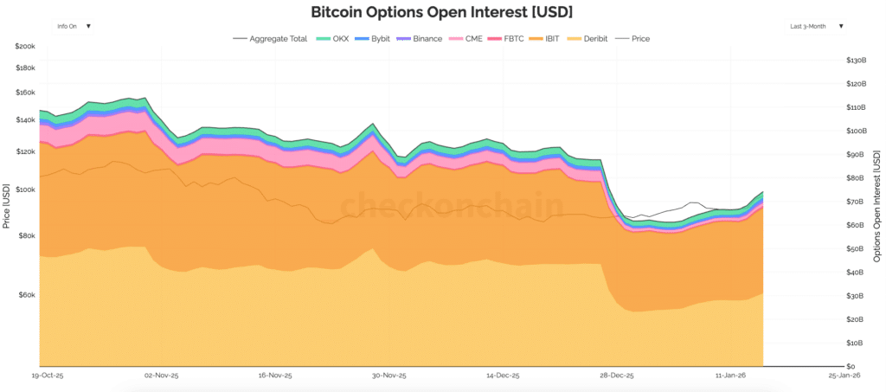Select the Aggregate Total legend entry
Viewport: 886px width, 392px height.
point(271,39)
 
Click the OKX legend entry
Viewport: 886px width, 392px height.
point(333,39)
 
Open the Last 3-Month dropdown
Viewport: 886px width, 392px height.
point(816,26)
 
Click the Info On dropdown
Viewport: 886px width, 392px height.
point(74,26)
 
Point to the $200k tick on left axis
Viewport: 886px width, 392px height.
point(24,46)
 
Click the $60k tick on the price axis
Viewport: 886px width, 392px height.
point(26,295)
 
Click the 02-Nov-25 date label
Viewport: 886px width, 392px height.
point(161,376)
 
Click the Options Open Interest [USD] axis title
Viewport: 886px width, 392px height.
point(877,205)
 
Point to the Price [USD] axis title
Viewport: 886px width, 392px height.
point(6,205)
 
